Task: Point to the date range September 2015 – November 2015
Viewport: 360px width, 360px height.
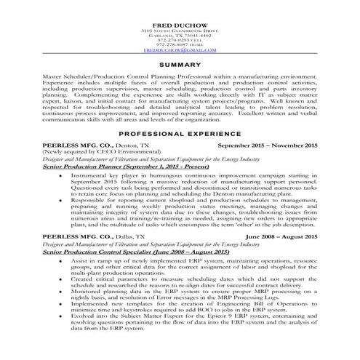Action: point(268,146)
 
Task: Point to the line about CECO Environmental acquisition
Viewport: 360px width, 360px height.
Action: point(93,153)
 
